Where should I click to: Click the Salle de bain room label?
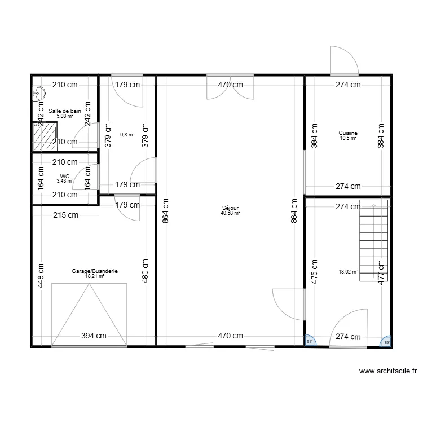pos(64,111)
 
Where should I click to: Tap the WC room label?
pos(65,176)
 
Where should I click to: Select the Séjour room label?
pos(231,208)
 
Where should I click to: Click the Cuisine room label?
pos(348,133)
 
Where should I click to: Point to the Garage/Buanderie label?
pos(94,271)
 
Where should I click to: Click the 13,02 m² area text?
pos(348,271)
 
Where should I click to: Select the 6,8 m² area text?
pos(127,135)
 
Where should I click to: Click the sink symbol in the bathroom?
pos(38,92)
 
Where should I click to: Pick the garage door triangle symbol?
pos(89,314)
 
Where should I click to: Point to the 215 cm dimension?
pos(65,215)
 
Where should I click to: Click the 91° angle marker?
pos(310,341)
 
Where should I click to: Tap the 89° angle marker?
pos(386,341)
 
